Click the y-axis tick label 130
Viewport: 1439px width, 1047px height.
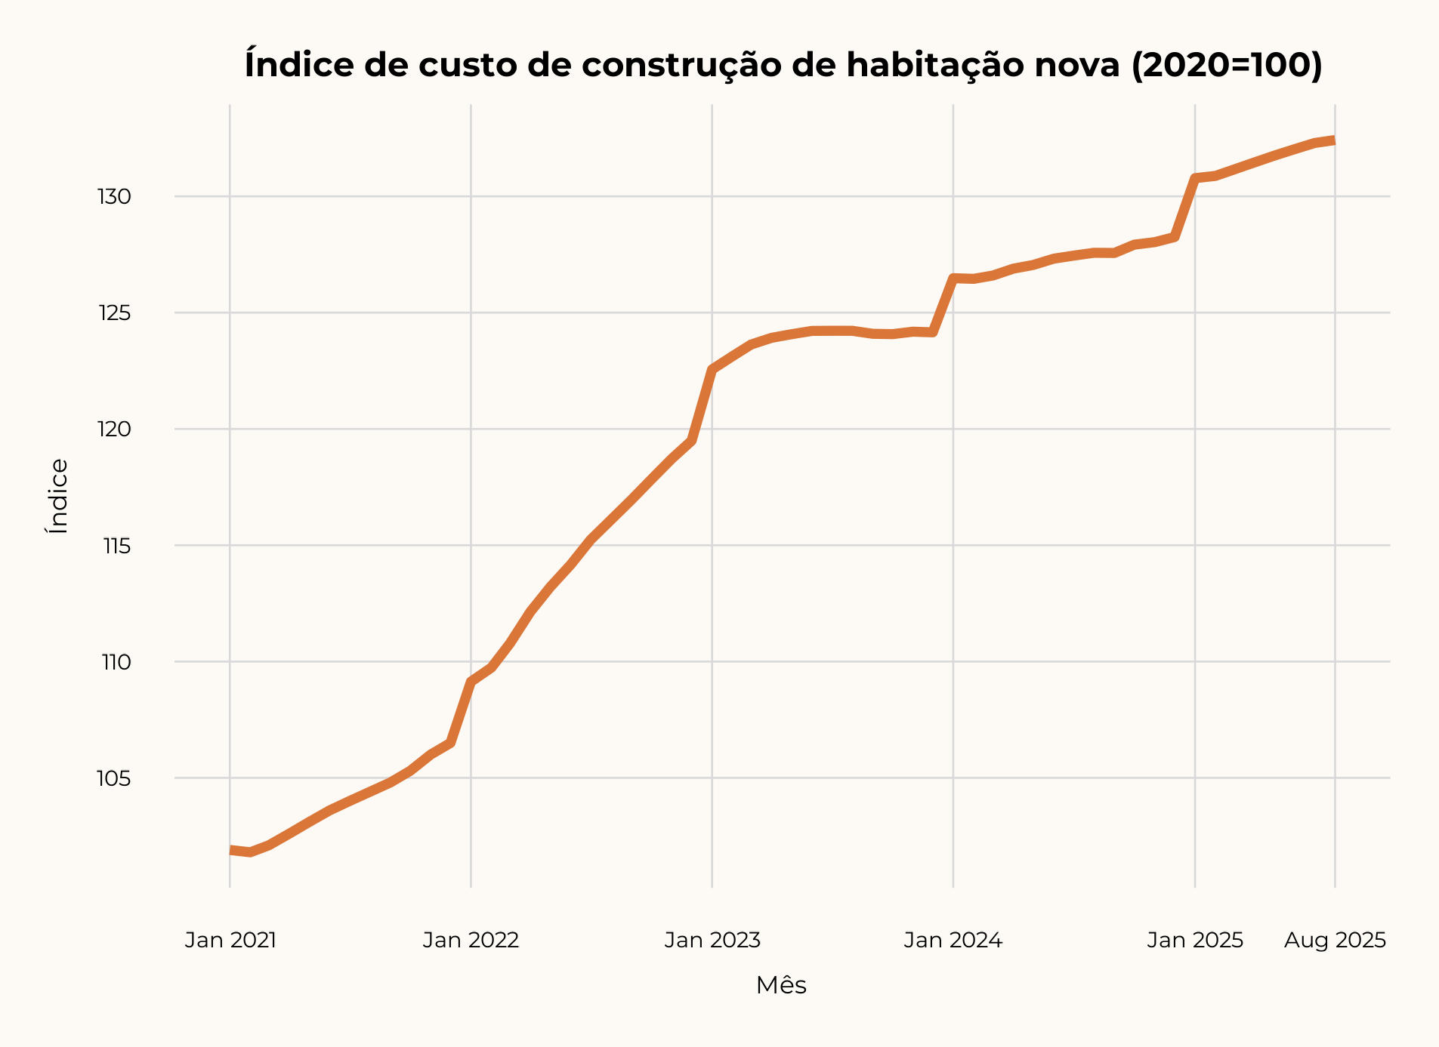114,197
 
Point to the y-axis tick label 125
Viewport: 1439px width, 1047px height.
114,313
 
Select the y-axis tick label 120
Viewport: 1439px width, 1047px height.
114,430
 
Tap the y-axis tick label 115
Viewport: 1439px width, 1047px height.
116,546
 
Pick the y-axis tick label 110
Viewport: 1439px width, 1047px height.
116,662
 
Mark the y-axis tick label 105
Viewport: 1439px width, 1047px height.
114,778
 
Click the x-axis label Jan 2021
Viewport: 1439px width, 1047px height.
230,941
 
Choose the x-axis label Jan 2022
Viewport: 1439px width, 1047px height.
471,941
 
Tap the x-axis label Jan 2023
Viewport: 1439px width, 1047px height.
712,941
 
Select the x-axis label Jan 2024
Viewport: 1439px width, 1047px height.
953,941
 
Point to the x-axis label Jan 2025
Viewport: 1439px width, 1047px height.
1195,941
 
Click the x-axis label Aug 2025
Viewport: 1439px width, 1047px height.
1335,941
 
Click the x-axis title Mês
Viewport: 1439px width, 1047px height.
781,986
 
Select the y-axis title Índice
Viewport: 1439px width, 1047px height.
58,496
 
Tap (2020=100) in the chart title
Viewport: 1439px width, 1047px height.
1227,65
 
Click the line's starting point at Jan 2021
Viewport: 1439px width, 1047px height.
231,850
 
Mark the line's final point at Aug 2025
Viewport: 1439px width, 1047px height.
1333,140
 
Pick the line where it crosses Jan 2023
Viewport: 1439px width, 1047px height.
712,369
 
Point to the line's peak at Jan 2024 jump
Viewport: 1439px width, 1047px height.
954,279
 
